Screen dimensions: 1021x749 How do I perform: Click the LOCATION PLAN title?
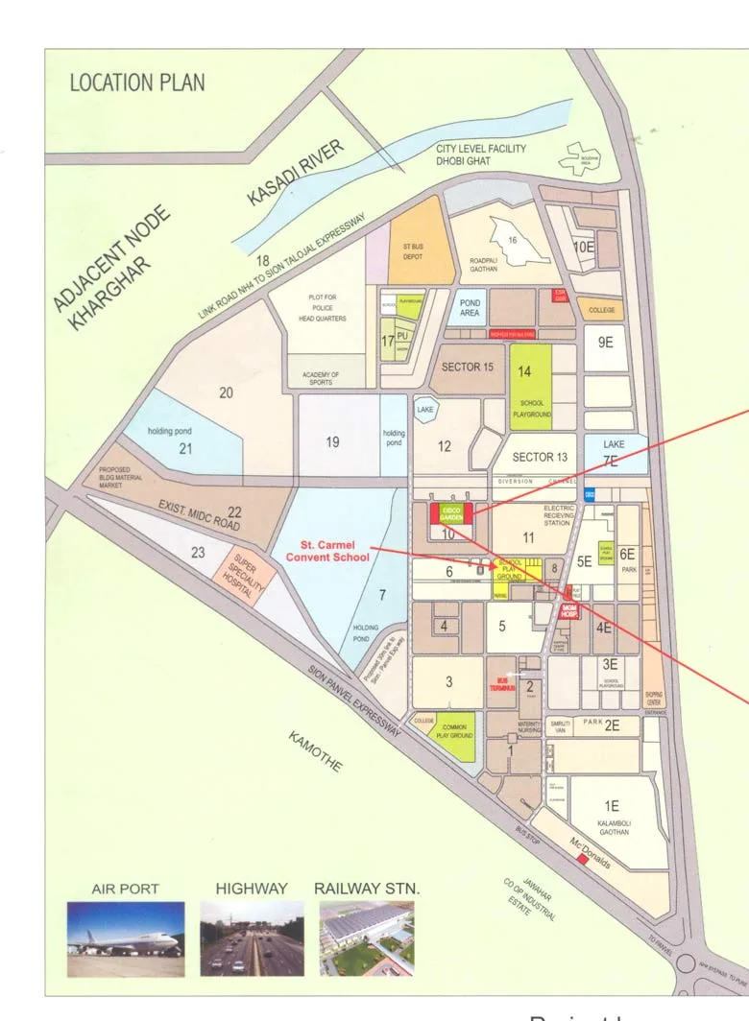[137, 83]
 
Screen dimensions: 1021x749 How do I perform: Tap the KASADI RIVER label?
[295, 173]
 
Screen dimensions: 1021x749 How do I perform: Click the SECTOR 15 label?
[467, 368]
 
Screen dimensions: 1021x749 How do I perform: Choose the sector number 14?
[525, 371]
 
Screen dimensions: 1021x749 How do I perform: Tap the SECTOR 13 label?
[540, 457]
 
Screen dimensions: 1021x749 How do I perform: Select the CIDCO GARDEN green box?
[452, 512]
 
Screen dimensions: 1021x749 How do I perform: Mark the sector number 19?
[332, 442]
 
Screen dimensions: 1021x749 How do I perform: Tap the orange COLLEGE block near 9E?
[601, 310]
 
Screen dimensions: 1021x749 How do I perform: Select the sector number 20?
[227, 392]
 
